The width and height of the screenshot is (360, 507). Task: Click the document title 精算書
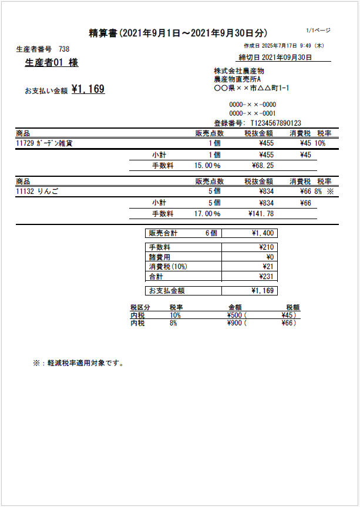(x=103, y=33)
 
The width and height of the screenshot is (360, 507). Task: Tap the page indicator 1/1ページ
(x=319, y=30)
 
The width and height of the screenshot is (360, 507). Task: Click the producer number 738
(x=64, y=49)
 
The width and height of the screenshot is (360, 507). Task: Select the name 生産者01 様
(x=51, y=63)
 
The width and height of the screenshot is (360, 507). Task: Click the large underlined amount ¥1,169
(x=88, y=89)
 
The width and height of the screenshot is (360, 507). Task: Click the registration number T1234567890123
(x=275, y=123)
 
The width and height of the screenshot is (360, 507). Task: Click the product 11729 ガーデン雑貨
(x=45, y=143)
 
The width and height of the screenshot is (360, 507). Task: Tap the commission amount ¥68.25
(x=262, y=166)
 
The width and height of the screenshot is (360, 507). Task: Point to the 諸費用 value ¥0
(x=270, y=257)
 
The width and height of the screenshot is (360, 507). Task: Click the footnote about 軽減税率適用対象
(x=78, y=363)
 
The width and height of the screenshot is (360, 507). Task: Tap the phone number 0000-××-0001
(x=253, y=113)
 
